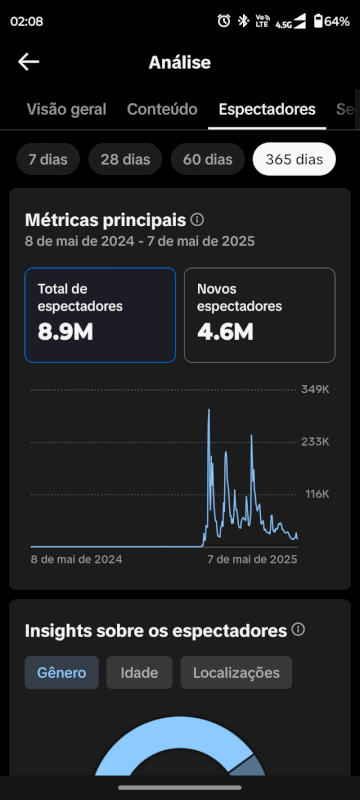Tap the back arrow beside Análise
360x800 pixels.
click(28, 62)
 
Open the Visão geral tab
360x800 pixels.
click(66, 110)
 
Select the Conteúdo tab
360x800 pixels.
click(162, 110)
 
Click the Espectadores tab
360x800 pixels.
click(267, 110)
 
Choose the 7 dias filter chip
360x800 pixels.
click(48, 159)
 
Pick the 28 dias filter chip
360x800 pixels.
click(125, 159)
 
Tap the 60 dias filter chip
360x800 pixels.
click(207, 159)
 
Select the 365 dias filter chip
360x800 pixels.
click(294, 159)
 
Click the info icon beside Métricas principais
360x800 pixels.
click(198, 219)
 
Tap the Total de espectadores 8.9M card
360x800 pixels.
click(100, 314)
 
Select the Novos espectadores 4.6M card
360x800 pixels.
click(259, 314)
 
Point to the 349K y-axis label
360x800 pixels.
click(315, 389)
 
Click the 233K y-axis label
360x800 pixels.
click(315, 442)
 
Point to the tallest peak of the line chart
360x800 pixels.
click(209, 410)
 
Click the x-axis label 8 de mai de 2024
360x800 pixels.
click(77, 560)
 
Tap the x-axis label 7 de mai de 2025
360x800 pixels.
click(252, 560)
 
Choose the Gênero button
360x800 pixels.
click(62, 673)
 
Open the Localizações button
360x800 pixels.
click(236, 673)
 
